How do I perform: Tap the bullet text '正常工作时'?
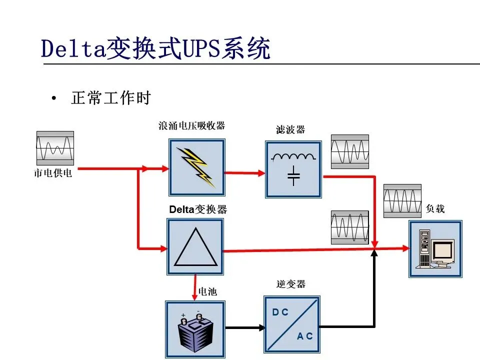pyautogui.click(x=110, y=98)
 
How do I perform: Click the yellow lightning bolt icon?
pyautogui.click(x=197, y=166)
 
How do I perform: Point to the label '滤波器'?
pyautogui.click(x=290, y=130)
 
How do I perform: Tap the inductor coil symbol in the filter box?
pyautogui.click(x=293, y=156)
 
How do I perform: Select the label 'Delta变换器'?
pyautogui.click(x=198, y=210)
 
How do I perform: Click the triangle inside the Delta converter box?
pyautogui.click(x=195, y=249)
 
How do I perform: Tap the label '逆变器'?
pyautogui.click(x=290, y=284)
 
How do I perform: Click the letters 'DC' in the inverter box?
pyautogui.click(x=280, y=312)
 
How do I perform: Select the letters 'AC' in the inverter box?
pyautogui.click(x=304, y=336)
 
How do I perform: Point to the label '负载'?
pyautogui.click(x=435, y=209)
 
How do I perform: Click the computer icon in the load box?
pyautogui.click(x=435, y=249)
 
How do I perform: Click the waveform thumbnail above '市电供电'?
pyautogui.click(x=55, y=148)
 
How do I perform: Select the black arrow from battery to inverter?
pyautogui.click(x=245, y=328)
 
